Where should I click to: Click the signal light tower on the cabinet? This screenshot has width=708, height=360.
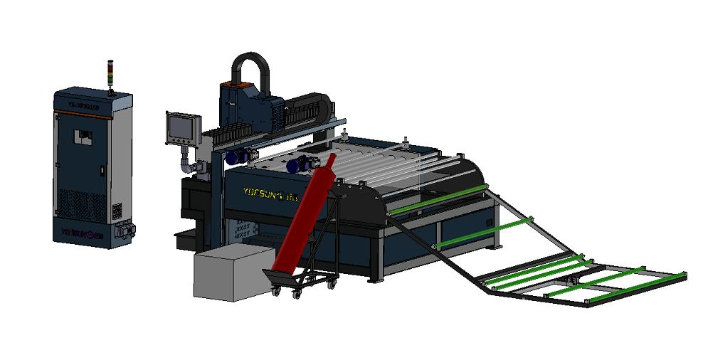(110, 75)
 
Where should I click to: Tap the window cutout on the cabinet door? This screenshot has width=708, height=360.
(85, 135)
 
